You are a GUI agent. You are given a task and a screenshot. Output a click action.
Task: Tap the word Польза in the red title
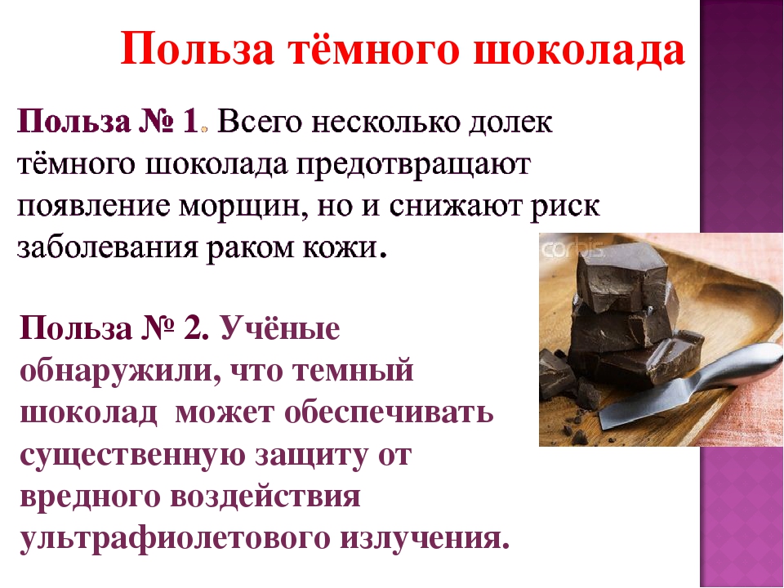[x=198, y=48]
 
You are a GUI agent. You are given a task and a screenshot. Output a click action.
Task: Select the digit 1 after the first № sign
[x=190, y=122]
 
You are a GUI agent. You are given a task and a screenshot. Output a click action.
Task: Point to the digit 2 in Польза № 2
[x=195, y=328]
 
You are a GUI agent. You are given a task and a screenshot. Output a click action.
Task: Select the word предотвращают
[x=413, y=166]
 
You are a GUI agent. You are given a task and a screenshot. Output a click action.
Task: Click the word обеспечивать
[x=389, y=413]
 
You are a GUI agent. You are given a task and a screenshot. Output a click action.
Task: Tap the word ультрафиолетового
[x=173, y=540]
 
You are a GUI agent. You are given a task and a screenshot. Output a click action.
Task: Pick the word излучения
[x=425, y=538]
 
